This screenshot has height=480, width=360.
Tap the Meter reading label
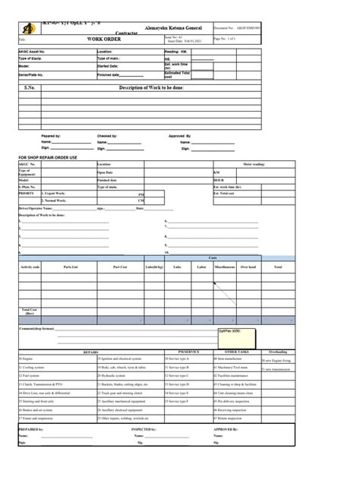coord(255,163)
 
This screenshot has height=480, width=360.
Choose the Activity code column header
coord(31,267)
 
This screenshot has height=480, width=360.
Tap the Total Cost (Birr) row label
coord(30,312)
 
